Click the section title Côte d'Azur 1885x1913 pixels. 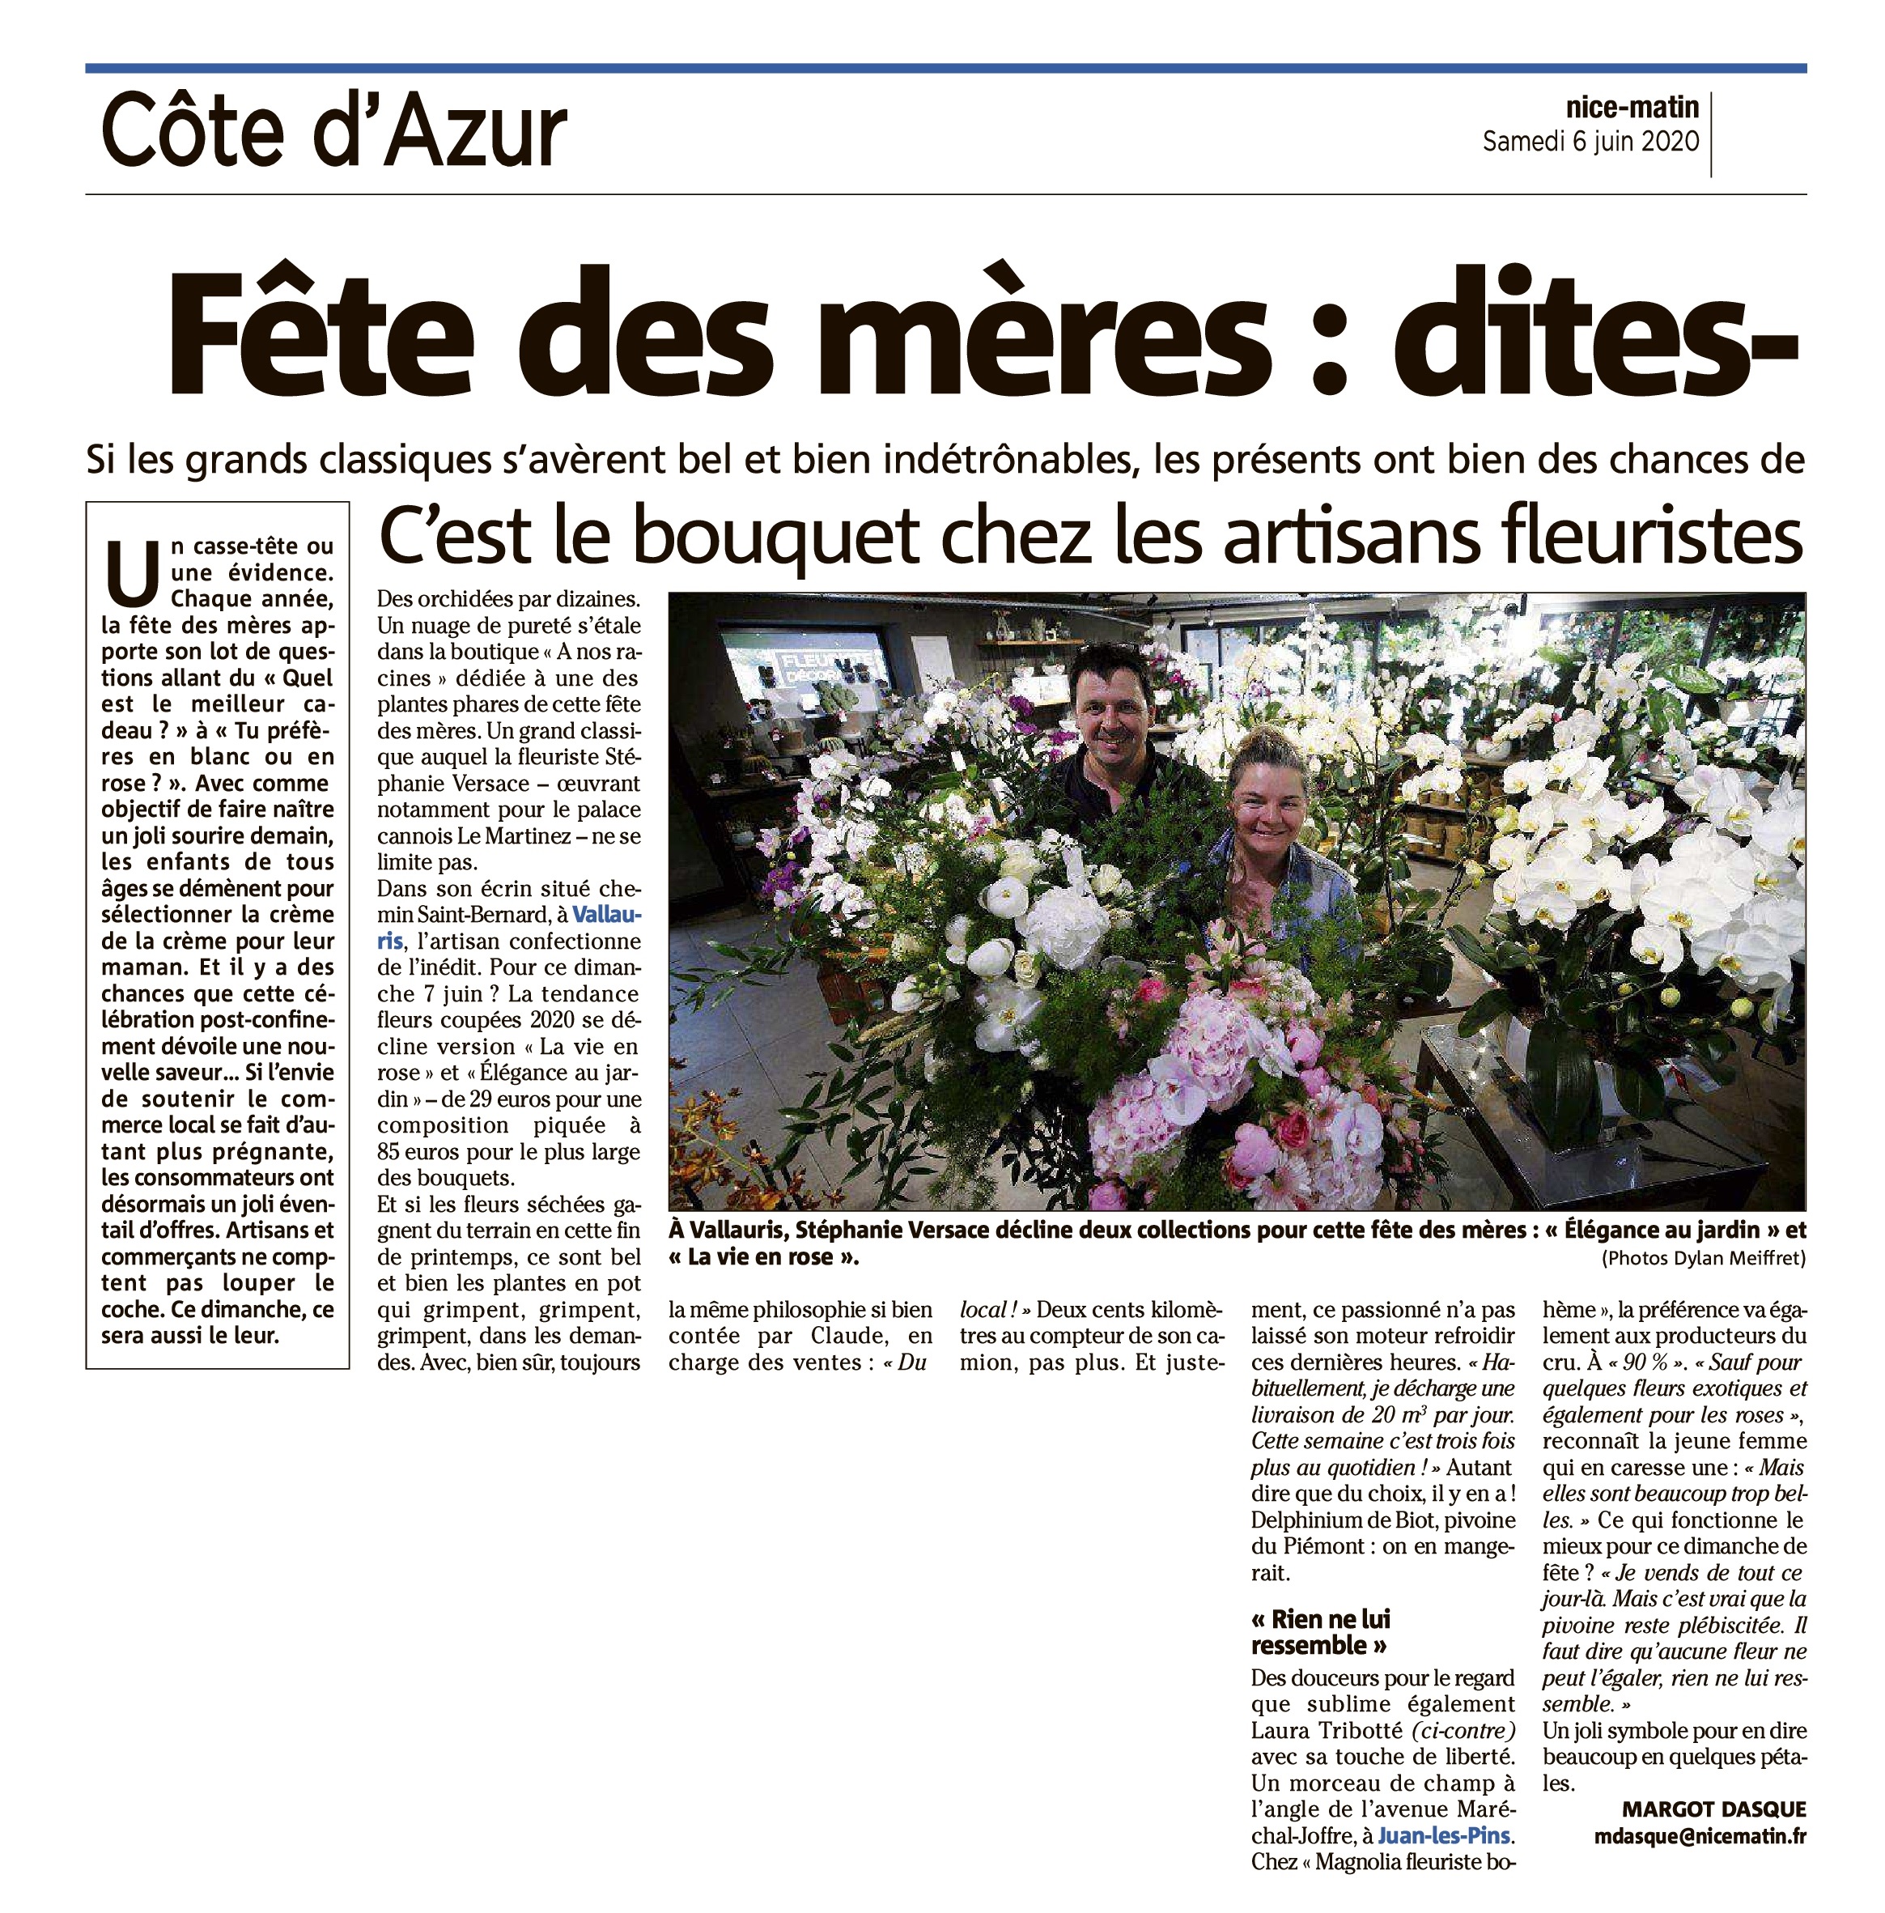tap(333, 133)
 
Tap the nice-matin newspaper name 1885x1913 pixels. tap(1632, 107)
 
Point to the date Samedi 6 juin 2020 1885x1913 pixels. tap(1590, 142)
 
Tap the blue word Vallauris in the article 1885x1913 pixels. tap(606, 914)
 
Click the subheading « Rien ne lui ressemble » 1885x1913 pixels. tap(1321, 1633)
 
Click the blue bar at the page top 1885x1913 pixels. tap(945, 68)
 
